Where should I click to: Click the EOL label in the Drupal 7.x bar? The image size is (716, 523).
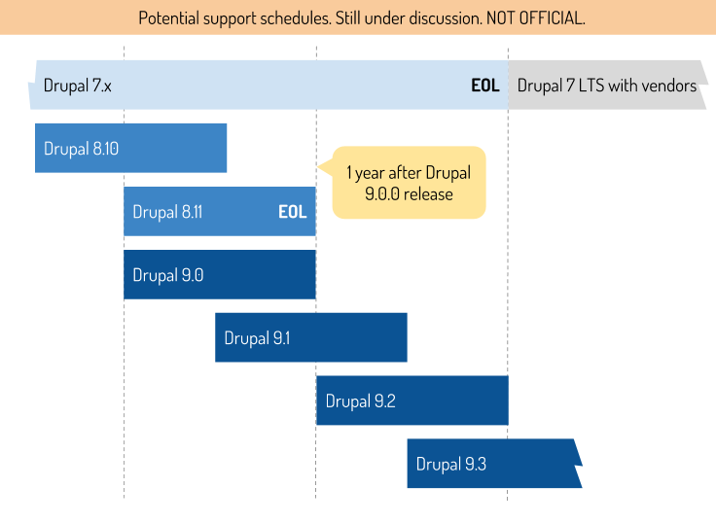485,86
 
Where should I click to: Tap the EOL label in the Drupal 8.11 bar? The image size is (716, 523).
293,212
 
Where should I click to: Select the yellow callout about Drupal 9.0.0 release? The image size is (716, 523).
409,183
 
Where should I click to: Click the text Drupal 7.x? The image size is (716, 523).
78,86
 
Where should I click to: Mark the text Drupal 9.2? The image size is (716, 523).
361,401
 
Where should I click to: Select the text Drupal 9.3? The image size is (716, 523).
451,464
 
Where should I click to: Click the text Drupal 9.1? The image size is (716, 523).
258,338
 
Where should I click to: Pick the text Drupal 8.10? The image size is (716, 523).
82,149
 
